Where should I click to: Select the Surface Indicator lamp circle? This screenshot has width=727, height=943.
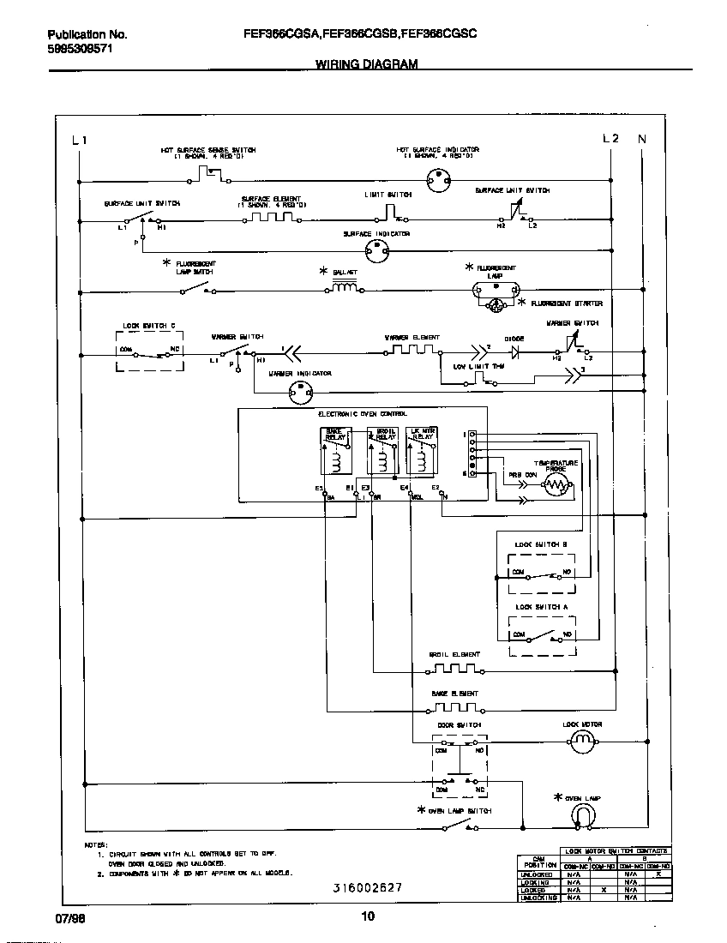pos(377,249)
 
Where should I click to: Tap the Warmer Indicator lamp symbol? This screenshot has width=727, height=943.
pos(299,392)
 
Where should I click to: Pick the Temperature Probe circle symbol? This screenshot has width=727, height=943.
pos(556,488)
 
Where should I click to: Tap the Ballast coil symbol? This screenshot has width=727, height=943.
pos(345,288)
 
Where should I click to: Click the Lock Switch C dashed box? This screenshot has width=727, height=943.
pos(149,348)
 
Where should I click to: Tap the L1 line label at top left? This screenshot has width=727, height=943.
pos(80,141)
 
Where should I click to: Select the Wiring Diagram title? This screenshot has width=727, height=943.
pos(366,64)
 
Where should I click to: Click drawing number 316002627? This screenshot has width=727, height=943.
pos(367,888)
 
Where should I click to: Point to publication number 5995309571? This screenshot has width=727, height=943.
pos(80,49)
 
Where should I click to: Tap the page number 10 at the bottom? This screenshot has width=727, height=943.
pos(367,917)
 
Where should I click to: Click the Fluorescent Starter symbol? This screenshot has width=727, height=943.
pos(496,305)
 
